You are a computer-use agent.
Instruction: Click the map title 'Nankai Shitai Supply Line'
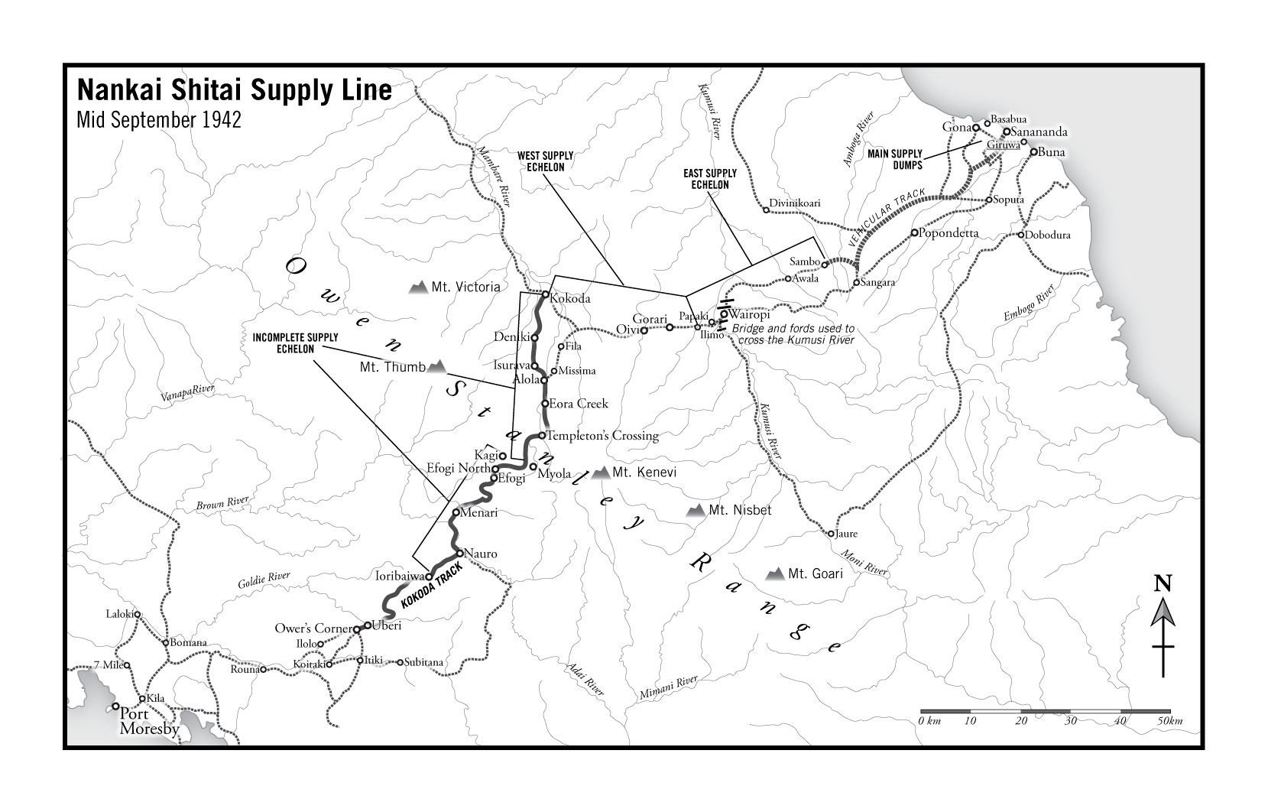[x=234, y=90]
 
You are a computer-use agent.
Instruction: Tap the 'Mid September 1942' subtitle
[x=159, y=120]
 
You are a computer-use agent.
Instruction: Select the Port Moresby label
[x=149, y=721]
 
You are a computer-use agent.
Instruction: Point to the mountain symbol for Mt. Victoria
[x=418, y=287]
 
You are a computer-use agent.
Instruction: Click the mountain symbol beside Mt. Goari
[x=777, y=573]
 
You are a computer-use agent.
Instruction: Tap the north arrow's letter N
[x=1163, y=585]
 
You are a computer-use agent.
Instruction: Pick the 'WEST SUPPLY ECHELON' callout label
[x=546, y=161]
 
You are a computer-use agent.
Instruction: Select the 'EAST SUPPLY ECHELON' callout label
[x=705, y=179]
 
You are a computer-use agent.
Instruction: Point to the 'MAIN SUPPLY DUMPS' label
[x=895, y=159]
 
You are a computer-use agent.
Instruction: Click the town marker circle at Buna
[x=1033, y=152]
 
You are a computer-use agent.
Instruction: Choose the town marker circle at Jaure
[x=831, y=534]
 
